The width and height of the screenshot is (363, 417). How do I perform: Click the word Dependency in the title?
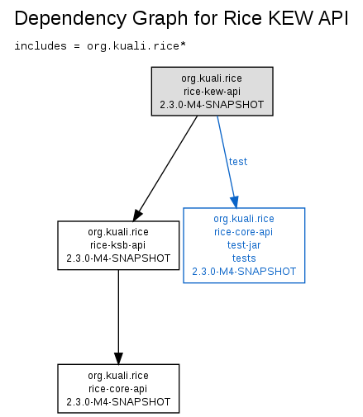click(70, 19)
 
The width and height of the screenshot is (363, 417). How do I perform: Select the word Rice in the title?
click(242, 18)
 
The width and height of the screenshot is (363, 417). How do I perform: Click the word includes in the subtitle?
click(41, 45)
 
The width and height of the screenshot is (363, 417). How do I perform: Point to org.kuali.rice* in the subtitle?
click(136, 46)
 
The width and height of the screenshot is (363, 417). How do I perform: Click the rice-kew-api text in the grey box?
click(212, 92)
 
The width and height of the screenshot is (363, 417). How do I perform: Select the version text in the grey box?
click(212, 105)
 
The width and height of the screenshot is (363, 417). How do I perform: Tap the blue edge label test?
click(238, 162)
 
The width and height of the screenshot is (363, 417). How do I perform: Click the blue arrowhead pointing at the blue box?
click(234, 202)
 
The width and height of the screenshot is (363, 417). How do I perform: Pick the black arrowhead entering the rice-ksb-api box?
click(137, 216)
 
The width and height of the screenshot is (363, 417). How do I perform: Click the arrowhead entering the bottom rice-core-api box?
click(118, 358)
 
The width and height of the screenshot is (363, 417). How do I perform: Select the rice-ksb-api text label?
click(118, 245)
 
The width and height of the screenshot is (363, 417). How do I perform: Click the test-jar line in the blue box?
click(244, 245)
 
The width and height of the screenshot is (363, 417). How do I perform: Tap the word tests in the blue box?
click(244, 258)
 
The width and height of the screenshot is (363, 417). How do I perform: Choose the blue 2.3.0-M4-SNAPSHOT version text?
click(244, 272)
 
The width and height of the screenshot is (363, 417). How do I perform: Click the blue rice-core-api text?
click(244, 232)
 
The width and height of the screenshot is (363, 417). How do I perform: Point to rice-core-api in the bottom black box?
click(117, 389)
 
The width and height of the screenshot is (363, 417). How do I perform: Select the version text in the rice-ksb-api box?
click(118, 258)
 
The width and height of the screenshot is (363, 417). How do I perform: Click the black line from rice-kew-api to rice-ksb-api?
click(167, 164)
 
